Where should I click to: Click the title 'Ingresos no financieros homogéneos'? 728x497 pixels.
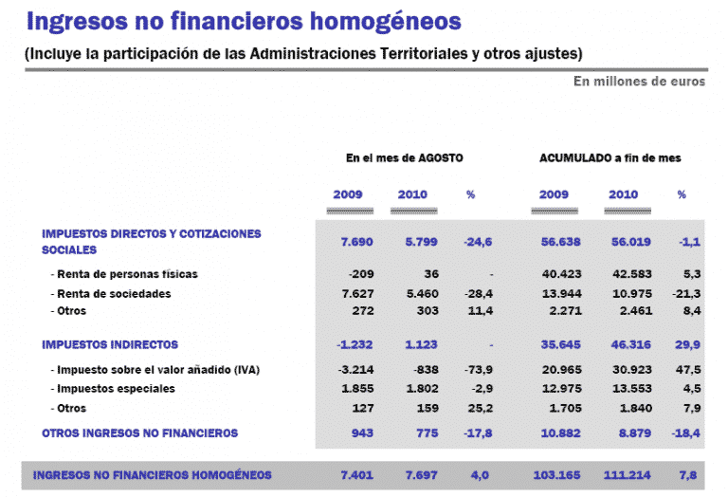245,21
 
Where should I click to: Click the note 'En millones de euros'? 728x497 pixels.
639,82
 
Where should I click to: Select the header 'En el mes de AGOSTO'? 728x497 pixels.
404,158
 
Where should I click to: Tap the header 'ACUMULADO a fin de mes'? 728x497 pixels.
610,158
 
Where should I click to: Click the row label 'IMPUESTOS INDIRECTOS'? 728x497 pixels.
110,344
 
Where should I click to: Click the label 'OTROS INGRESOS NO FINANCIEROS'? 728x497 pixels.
139,433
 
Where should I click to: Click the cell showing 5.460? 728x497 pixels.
421,294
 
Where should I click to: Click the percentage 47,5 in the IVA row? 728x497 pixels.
689,369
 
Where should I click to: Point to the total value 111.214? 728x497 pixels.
627,474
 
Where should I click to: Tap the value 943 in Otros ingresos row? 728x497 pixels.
362,433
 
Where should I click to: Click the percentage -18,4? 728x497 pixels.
687,433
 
